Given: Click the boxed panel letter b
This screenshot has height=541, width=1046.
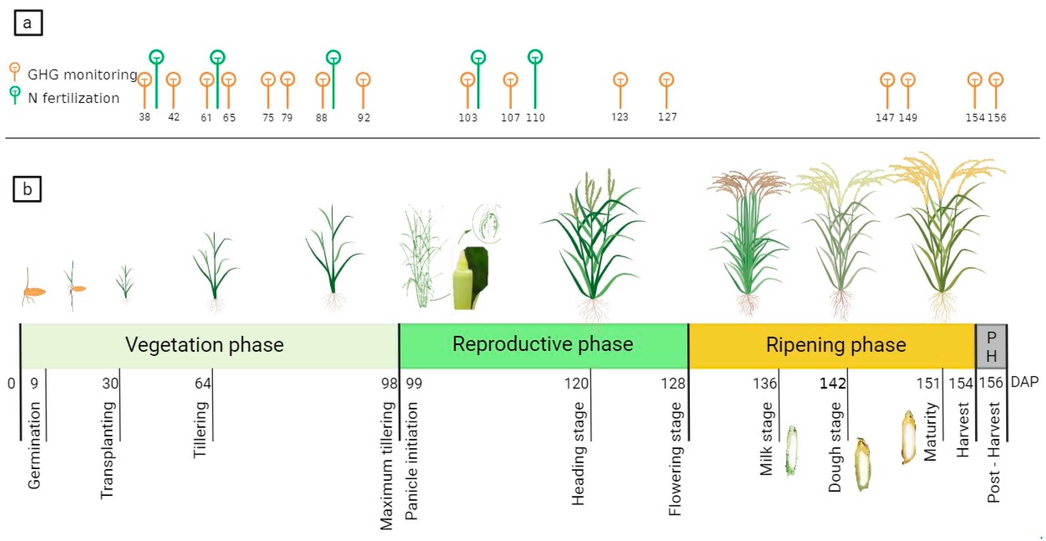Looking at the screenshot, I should pyautogui.click(x=27, y=189).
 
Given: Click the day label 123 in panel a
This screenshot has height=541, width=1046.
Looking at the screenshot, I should pyautogui.click(x=620, y=117).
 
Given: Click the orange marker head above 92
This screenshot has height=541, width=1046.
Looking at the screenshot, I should pyautogui.click(x=363, y=80).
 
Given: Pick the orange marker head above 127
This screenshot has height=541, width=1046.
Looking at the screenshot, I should pyautogui.click(x=666, y=80).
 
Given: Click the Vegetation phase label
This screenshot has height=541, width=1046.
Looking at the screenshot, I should pyautogui.click(x=204, y=345).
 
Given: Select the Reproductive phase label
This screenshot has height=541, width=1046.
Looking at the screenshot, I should pyautogui.click(x=543, y=344).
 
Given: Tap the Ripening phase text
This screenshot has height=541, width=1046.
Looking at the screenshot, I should pyautogui.click(x=836, y=345).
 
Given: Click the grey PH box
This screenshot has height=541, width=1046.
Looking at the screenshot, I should pyautogui.click(x=991, y=347).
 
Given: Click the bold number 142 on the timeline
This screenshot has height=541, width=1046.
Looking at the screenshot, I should pyautogui.click(x=832, y=383).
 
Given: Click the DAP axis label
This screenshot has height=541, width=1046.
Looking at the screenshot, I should pyautogui.click(x=1025, y=382).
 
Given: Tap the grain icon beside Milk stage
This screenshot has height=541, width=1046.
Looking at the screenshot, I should pyautogui.click(x=791, y=450).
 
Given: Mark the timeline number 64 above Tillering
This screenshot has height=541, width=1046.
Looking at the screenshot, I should pyautogui.click(x=203, y=383).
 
